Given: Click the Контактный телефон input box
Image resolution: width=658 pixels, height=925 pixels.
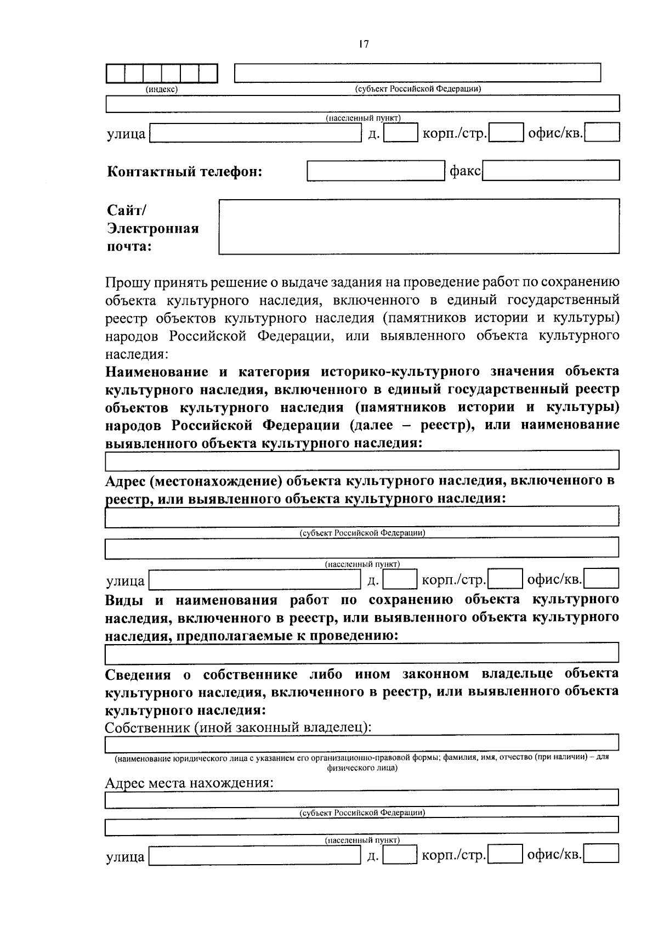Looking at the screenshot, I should pyautogui.click(x=376, y=171).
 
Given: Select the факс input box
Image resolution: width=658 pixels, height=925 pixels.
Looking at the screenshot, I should pyautogui.click(x=551, y=171).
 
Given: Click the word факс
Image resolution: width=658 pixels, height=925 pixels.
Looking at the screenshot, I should pyautogui.click(x=465, y=172).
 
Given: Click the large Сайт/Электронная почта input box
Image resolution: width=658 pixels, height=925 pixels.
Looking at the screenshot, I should pyautogui.click(x=419, y=227).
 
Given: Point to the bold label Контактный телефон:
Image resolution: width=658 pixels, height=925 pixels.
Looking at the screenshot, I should pyautogui.click(x=184, y=172).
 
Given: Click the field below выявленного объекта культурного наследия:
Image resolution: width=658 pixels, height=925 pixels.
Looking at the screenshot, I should pyautogui.click(x=362, y=460).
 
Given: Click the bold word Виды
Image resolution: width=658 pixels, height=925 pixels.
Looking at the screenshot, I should pyautogui.click(x=124, y=600).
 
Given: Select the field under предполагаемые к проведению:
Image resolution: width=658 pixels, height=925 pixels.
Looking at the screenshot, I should pyautogui.click(x=362, y=653).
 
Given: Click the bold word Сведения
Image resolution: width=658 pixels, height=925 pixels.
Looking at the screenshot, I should pyautogui.click(x=140, y=674).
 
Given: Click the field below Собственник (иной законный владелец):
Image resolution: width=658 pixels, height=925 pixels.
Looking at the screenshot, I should pyautogui.click(x=362, y=743).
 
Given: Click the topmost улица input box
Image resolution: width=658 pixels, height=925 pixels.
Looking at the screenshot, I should pyautogui.click(x=255, y=133).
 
